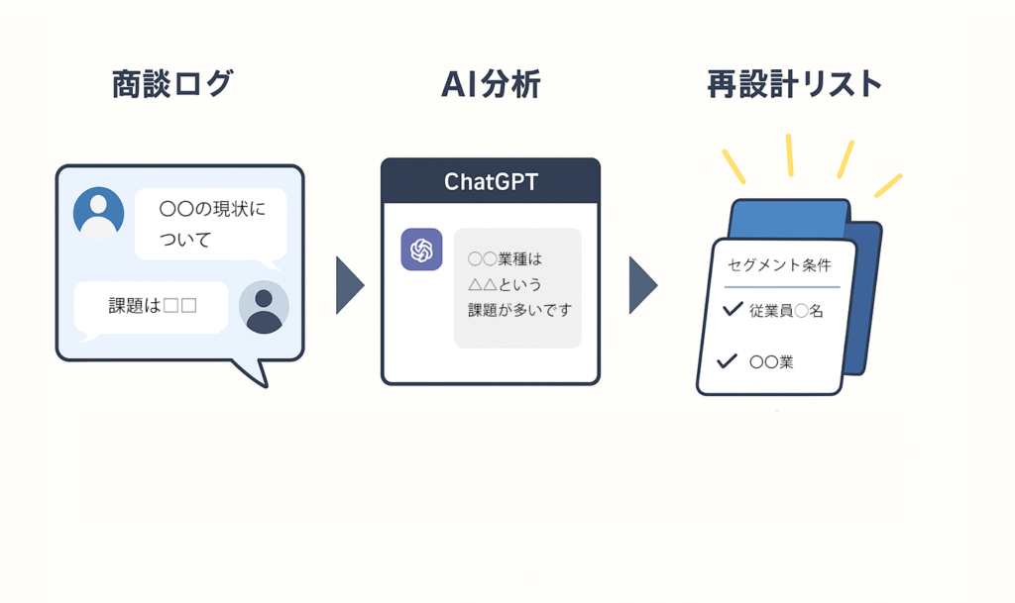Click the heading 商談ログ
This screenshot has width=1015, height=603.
pos(172,85)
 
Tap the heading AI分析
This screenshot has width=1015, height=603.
pos(491,85)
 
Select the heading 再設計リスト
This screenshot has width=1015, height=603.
pos(794,85)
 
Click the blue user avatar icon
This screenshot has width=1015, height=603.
pos(98,213)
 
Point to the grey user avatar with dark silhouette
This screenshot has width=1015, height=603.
pos(264,307)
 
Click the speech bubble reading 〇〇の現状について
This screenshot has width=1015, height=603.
pos(210,224)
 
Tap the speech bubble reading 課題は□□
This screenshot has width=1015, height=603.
pos(152,306)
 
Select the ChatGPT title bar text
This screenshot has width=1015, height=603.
pos(491,182)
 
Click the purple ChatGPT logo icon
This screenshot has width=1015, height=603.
pos(421,250)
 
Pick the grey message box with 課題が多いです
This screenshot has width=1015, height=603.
pos(517,287)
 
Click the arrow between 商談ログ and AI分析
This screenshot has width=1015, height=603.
pos(349,285)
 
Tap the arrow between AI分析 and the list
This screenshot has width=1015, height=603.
pos(642,285)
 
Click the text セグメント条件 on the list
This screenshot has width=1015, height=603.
pos(779,265)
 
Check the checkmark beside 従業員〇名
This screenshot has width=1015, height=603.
pos(733,309)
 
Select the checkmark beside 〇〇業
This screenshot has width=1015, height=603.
pos(727,360)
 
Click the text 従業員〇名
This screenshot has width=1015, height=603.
pos(787,311)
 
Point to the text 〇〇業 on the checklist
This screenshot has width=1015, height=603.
pos(771,362)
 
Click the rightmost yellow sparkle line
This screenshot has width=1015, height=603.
pos(888,185)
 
